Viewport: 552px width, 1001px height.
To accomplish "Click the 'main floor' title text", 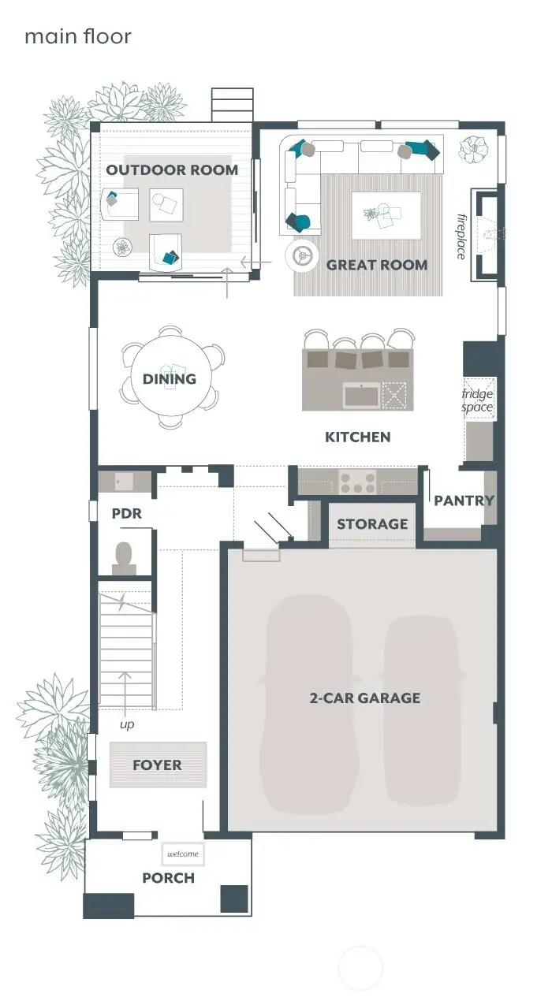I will (x=77, y=37).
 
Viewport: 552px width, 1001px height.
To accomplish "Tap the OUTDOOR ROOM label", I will (x=172, y=170).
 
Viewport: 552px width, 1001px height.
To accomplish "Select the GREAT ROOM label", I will (x=377, y=266).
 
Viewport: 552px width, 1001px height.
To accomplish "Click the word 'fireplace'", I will (x=462, y=236).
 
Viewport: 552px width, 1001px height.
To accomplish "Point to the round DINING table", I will (x=170, y=379).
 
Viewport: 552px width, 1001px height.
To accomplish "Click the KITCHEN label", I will (x=357, y=437).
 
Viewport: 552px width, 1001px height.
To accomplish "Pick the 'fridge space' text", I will (x=477, y=400).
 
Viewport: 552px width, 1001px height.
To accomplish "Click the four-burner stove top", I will (x=357, y=482).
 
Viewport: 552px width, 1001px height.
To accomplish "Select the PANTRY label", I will (x=464, y=500).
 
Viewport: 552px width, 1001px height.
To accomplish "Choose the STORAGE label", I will (x=372, y=524).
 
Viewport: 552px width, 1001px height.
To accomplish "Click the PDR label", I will (x=126, y=513).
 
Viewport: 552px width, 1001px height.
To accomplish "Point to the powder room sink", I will (x=124, y=481).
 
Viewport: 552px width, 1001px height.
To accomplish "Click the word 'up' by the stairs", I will (x=127, y=724).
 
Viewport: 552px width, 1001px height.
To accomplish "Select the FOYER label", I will (x=157, y=765).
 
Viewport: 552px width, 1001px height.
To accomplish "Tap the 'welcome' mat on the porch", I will (x=183, y=854).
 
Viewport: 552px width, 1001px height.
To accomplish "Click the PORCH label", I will (x=168, y=878).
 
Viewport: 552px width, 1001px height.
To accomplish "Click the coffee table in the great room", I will (x=386, y=215).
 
